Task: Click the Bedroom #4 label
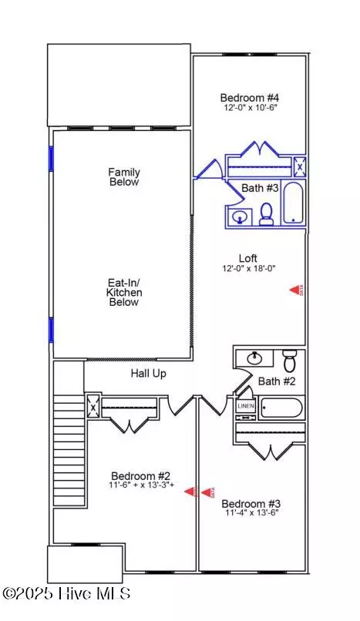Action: point(249,97)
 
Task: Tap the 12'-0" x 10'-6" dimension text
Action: point(249,108)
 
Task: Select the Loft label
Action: point(248,258)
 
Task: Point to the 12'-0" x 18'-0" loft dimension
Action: point(248,269)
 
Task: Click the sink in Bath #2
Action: point(254,358)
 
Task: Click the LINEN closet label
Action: point(245,406)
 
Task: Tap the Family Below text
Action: point(123,177)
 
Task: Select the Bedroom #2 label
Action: point(135,475)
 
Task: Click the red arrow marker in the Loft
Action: point(297,290)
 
